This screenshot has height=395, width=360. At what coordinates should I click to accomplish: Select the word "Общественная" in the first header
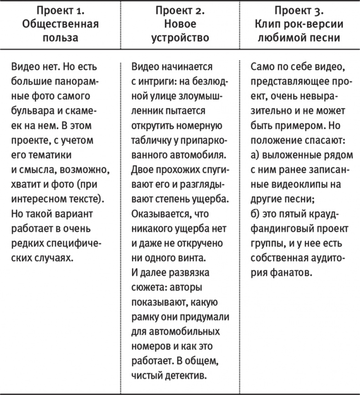[61, 24]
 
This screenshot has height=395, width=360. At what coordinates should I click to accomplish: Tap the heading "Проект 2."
[180, 10]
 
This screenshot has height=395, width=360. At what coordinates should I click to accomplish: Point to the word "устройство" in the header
[180, 38]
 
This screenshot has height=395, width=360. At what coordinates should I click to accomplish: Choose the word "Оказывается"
[159, 212]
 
